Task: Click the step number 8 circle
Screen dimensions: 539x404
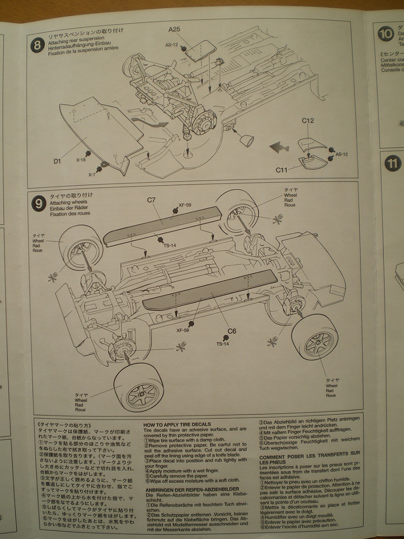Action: point(37,45)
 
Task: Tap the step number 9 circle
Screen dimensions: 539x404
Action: point(38,203)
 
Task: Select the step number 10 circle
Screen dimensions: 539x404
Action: point(386,33)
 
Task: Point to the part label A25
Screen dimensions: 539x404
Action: point(174,29)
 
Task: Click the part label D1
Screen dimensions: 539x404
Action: point(57,161)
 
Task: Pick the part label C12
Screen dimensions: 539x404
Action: point(308,121)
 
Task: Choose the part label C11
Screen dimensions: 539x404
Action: point(282,170)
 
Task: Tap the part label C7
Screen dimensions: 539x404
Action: point(151,200)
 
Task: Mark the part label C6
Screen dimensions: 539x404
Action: point(231,331)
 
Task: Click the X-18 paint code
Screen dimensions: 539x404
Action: point(81,159)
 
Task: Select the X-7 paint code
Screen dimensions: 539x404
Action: point(92,174)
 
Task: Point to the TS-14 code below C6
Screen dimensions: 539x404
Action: point(223,344)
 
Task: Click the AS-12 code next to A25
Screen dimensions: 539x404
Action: point(171,44)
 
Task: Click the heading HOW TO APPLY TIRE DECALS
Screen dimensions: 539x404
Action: point(177,424)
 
